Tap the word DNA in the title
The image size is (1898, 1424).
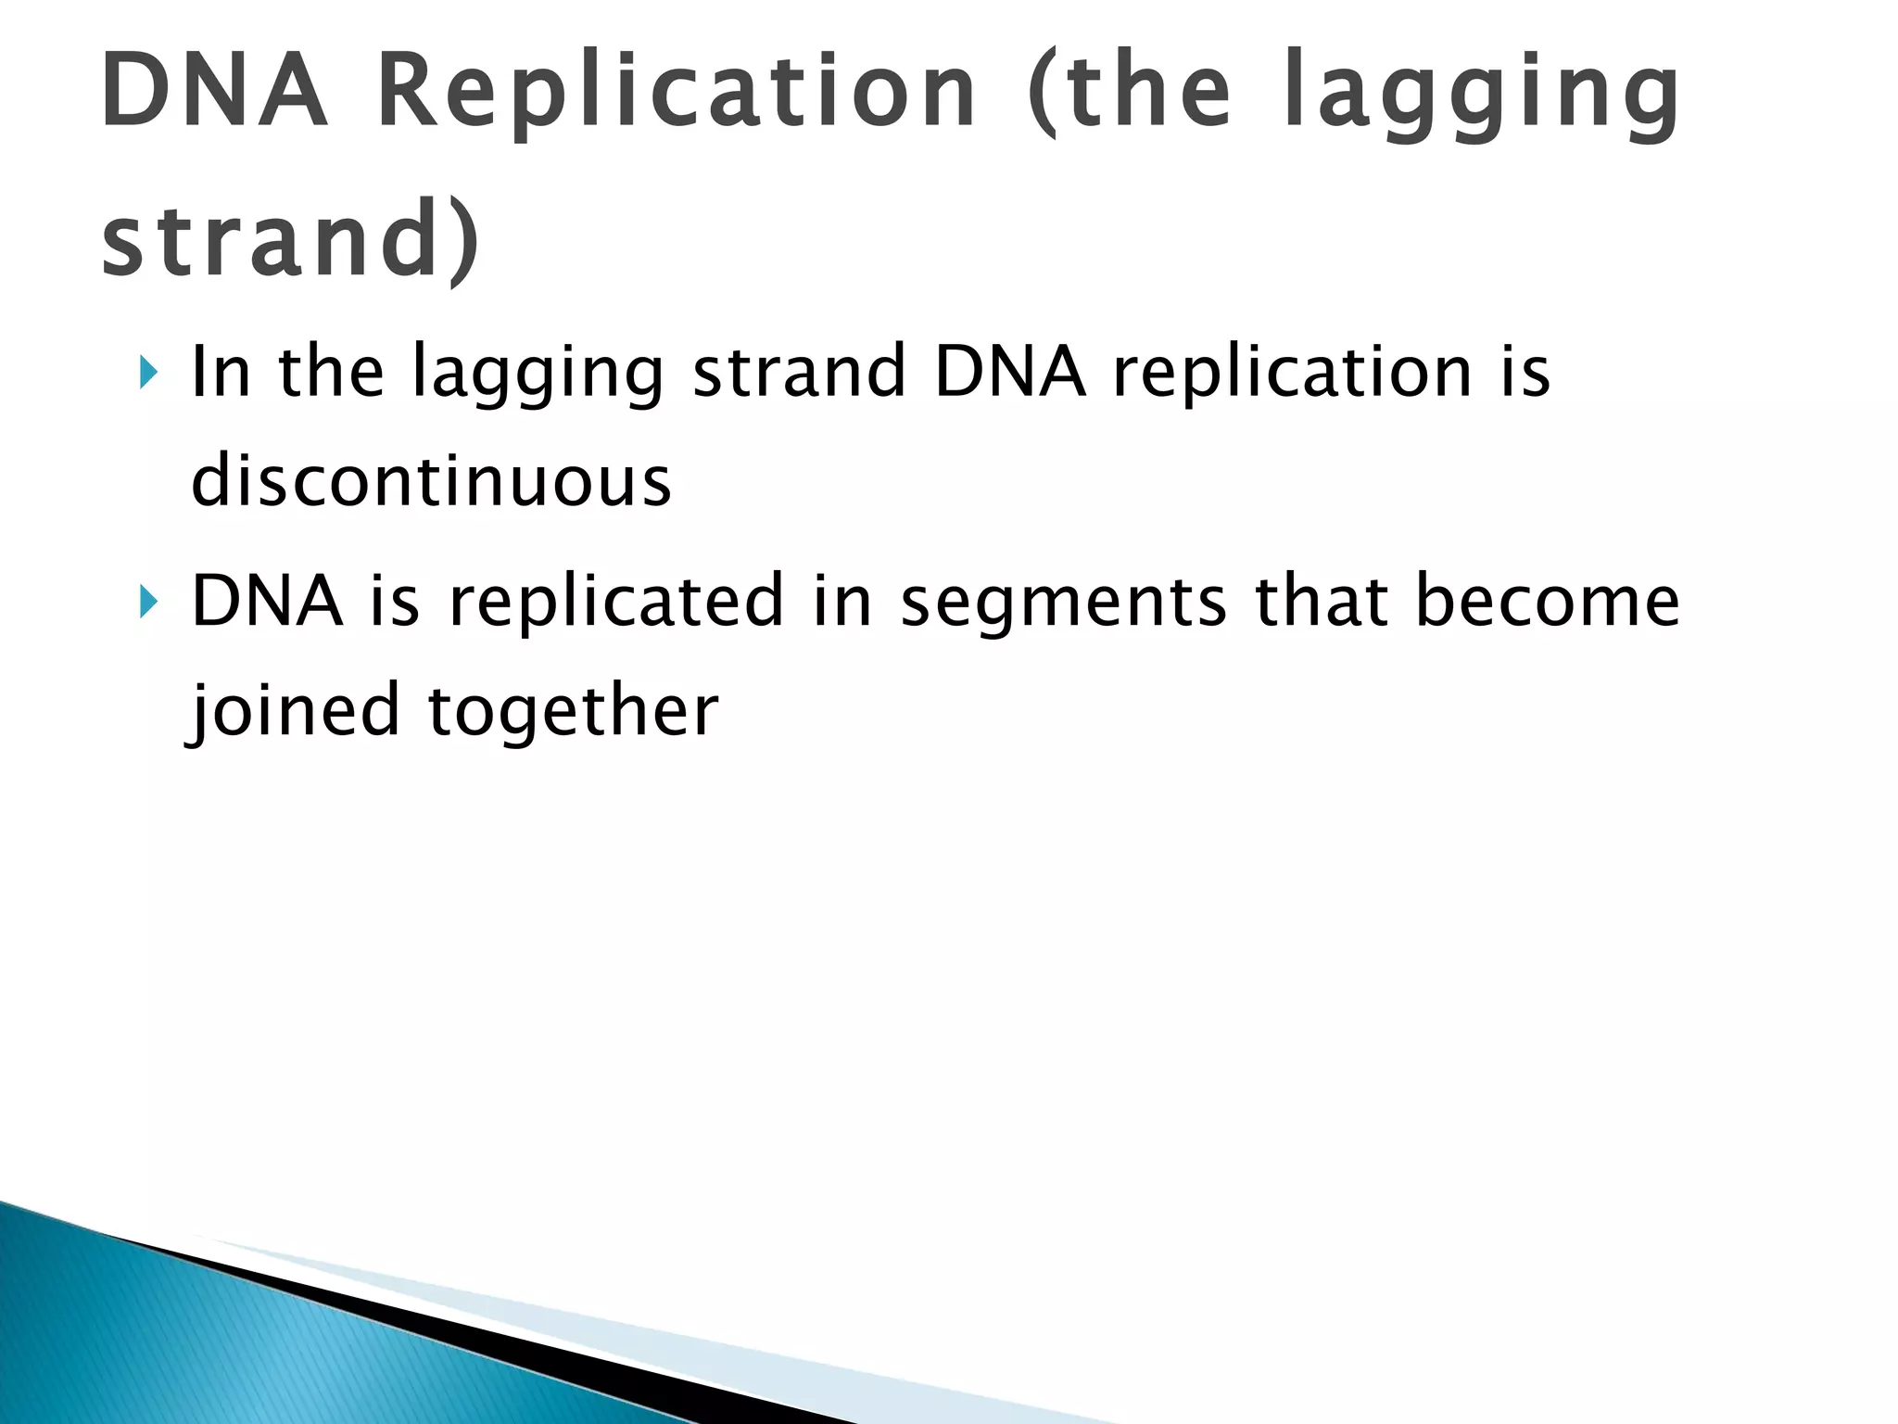click(x=214, y=92)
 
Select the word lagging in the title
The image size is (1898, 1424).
click(x=1480, y=92)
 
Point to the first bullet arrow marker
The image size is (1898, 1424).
click(x=148, y=373)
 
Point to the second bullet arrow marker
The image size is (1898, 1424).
click(x=148, y=602)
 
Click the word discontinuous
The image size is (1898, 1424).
click(x=431, y=481)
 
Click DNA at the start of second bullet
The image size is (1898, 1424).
click(x=267, y=602)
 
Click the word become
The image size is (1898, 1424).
click(x=1547, y=602)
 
